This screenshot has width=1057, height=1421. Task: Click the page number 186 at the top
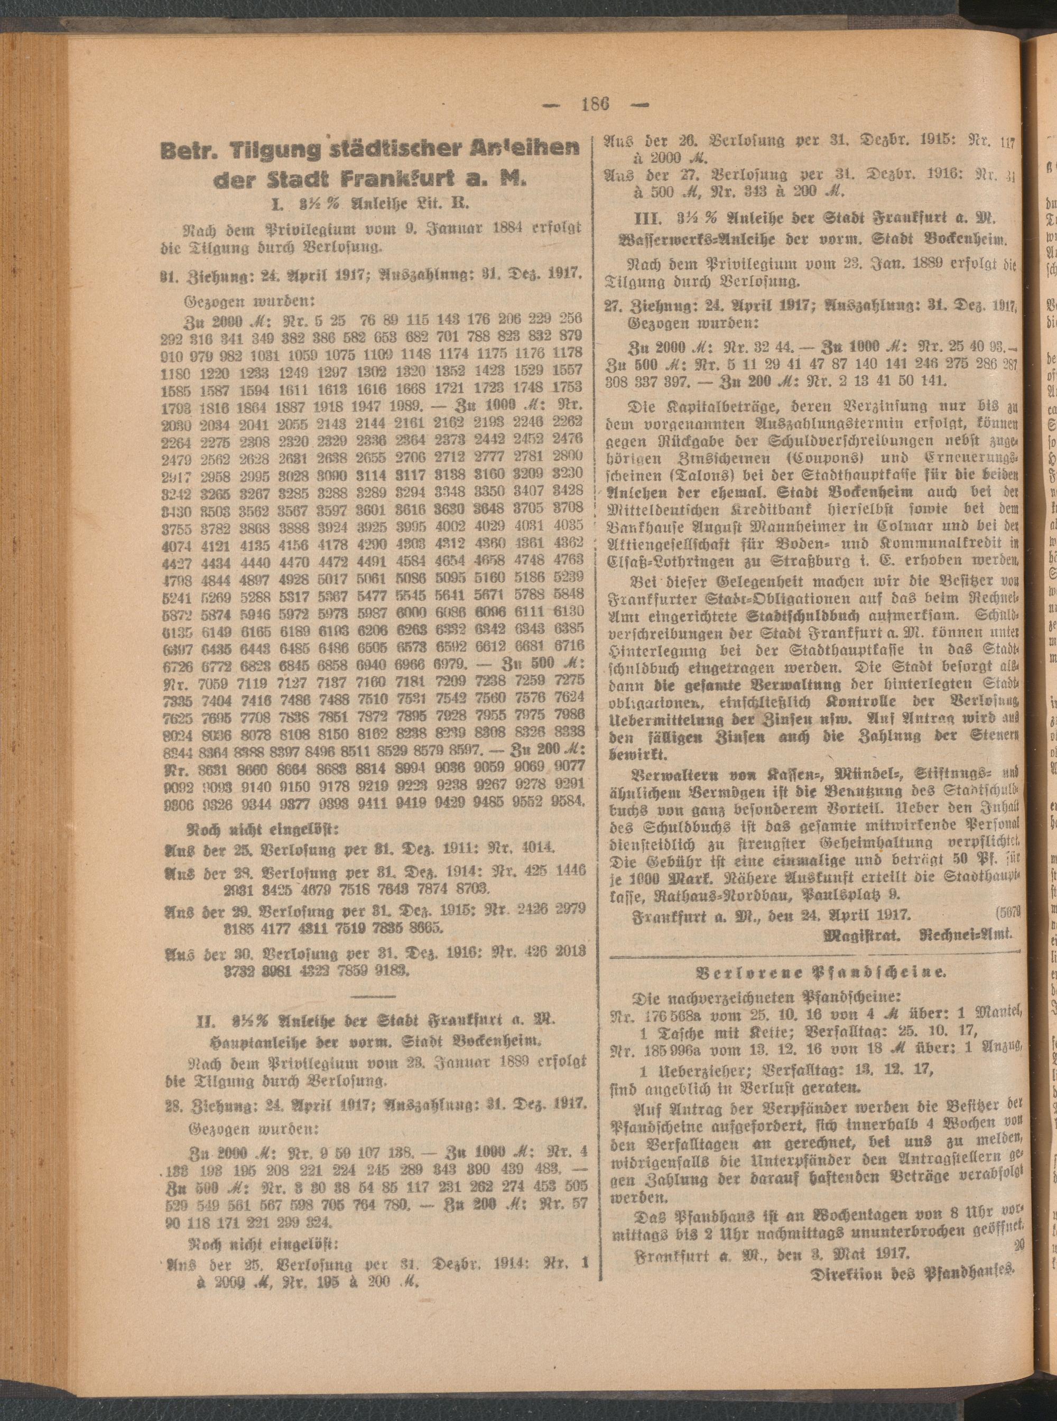(x=591, y=104)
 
